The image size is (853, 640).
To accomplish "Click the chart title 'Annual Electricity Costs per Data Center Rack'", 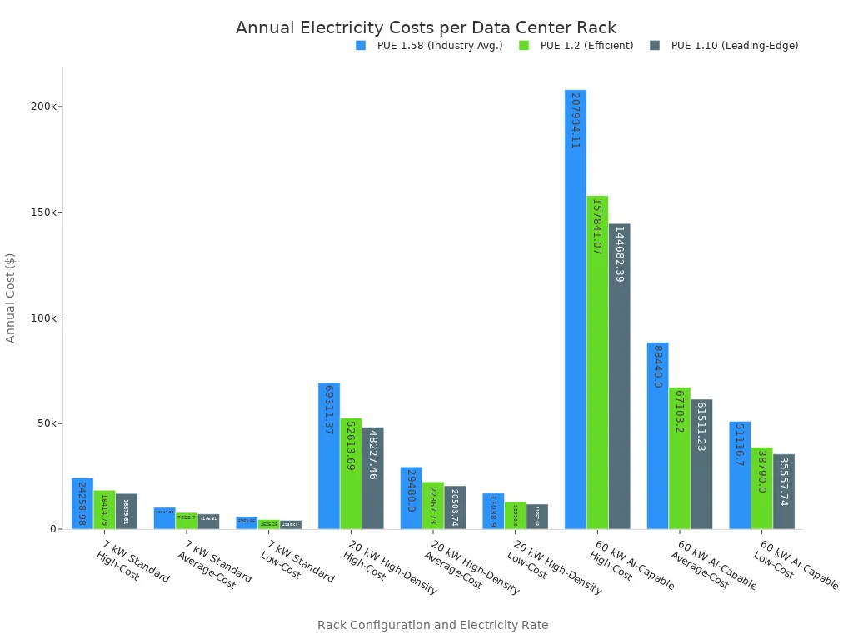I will pos(426,27).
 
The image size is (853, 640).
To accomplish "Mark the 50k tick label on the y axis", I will pos(46,423).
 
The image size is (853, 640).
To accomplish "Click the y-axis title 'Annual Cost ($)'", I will pos(11,297).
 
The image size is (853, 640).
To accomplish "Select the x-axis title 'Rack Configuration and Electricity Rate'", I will pos(432,625).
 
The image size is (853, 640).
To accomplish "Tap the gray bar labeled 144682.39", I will pos(619,375).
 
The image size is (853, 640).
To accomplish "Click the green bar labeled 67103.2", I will pos(679,458).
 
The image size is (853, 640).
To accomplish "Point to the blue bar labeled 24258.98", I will pos(82,504).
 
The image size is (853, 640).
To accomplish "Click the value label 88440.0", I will pos(657,367).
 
